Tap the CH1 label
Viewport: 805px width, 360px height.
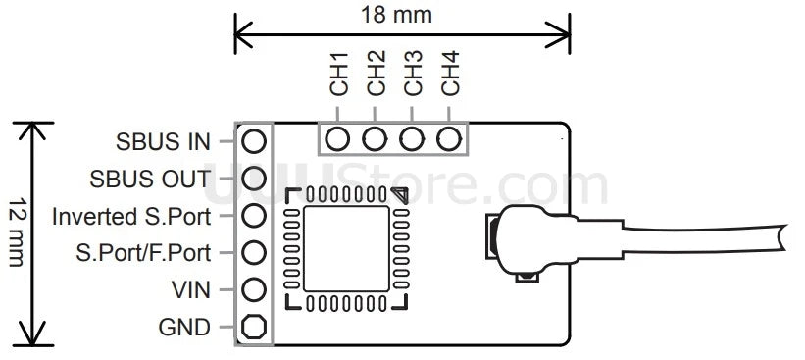pos(339,74)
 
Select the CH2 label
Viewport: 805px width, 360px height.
pos(377,74)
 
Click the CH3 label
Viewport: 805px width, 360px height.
pos(414,74)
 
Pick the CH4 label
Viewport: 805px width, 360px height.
pos(451,74)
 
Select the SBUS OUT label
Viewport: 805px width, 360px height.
pos(149,180)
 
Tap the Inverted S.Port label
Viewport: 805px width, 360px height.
pos(131,216)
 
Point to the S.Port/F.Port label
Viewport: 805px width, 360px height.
pos(143,253)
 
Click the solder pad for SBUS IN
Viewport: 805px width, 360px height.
pos(254,141)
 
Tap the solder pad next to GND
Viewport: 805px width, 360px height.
pos(254,327)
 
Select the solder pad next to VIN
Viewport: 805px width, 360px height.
pos(254,289)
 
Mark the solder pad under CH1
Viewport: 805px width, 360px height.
pos(339,138)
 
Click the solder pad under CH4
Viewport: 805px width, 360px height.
pos(450,138)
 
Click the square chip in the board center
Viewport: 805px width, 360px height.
pos(347,248)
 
